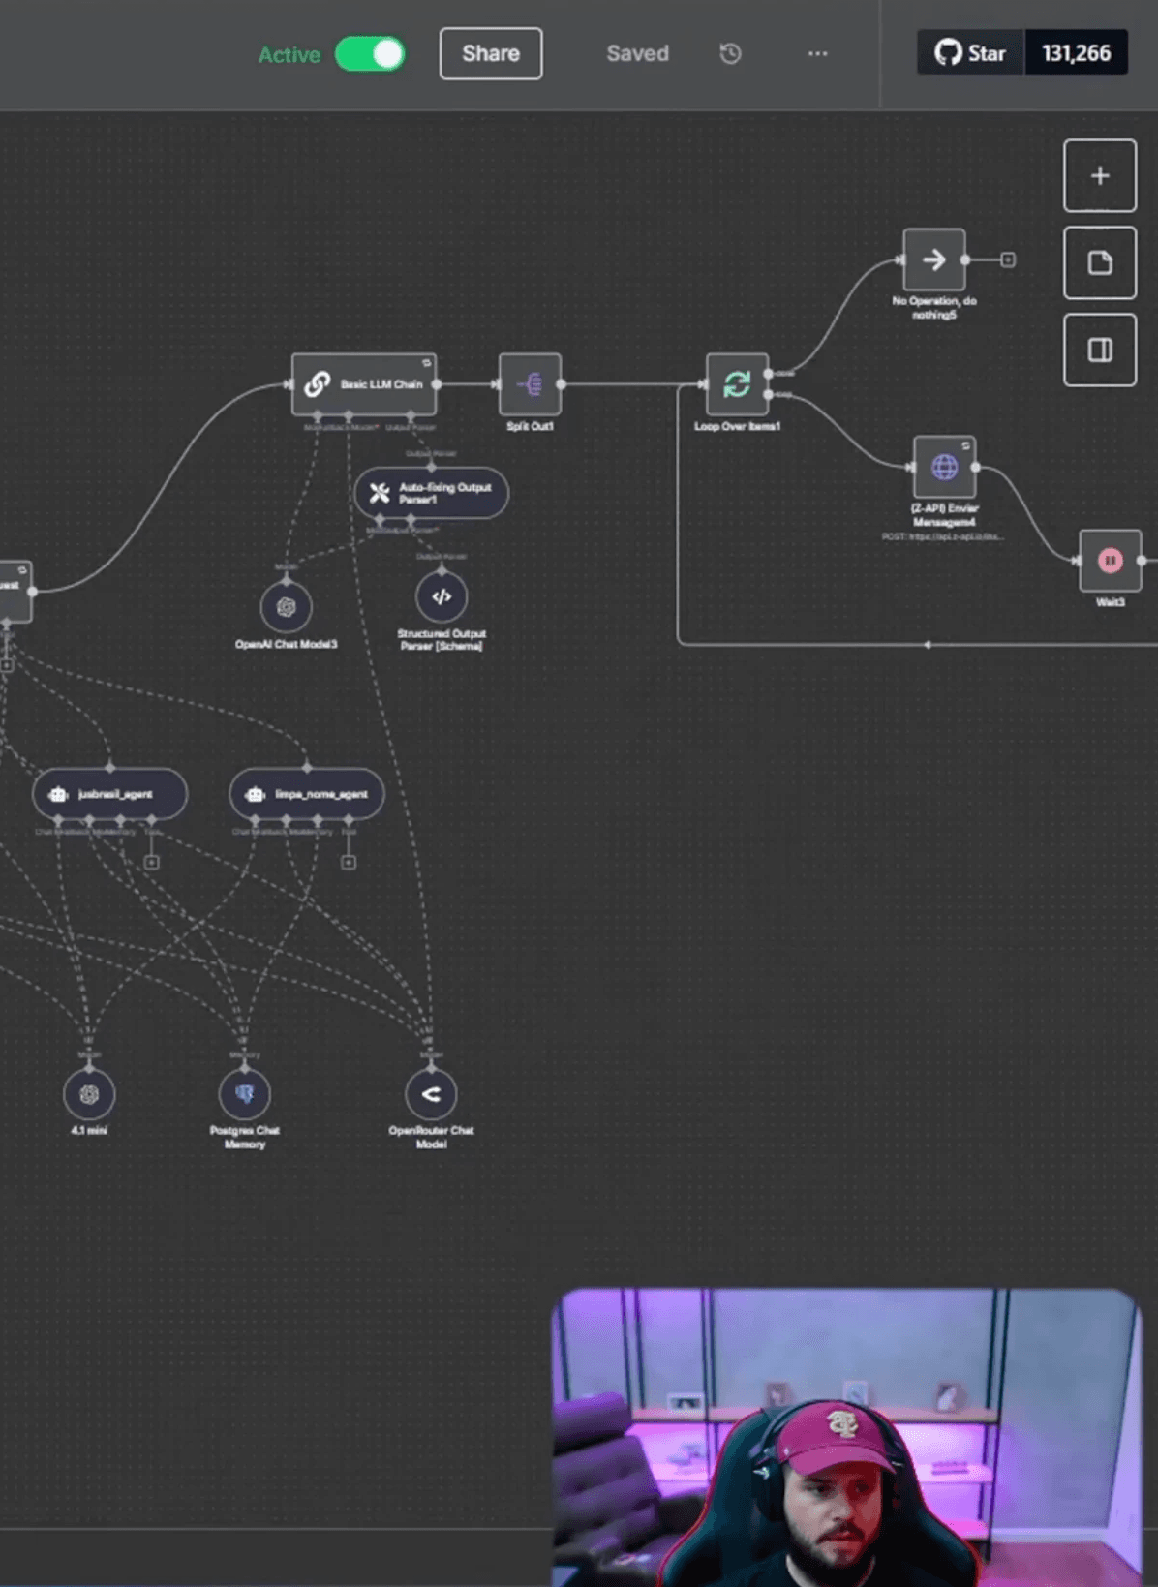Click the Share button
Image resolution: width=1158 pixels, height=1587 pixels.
coord(490,53)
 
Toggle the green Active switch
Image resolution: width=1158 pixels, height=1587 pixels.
coord(370,54)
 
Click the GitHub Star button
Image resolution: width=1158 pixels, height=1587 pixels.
coord(970,53)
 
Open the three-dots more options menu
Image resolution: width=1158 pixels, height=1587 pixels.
coord(817,53)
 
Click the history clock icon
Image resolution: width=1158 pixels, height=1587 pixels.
coord(730,53)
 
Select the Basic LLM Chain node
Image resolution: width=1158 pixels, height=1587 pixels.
coord(364,384)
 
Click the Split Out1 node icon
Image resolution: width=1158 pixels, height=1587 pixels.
coord(530,384)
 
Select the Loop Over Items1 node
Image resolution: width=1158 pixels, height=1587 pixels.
coord(737,384)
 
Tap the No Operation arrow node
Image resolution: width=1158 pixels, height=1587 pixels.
coord(933,259)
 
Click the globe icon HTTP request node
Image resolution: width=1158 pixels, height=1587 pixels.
coord(944,468)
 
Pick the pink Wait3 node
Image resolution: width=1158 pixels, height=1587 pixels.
coord(1110,560)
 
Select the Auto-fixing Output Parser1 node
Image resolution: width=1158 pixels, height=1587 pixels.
coord(432,493)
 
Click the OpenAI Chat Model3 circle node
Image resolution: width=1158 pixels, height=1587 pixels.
coord(286,607)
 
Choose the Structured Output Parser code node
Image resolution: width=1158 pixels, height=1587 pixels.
coord(442,597)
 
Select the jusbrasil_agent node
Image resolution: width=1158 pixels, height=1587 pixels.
coord(109,794)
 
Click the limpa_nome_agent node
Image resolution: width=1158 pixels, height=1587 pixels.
coord(307,794)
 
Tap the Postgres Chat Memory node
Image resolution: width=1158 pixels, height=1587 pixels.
coord(244,1095)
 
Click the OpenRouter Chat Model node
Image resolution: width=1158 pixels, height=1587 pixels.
coord(431,1095)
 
